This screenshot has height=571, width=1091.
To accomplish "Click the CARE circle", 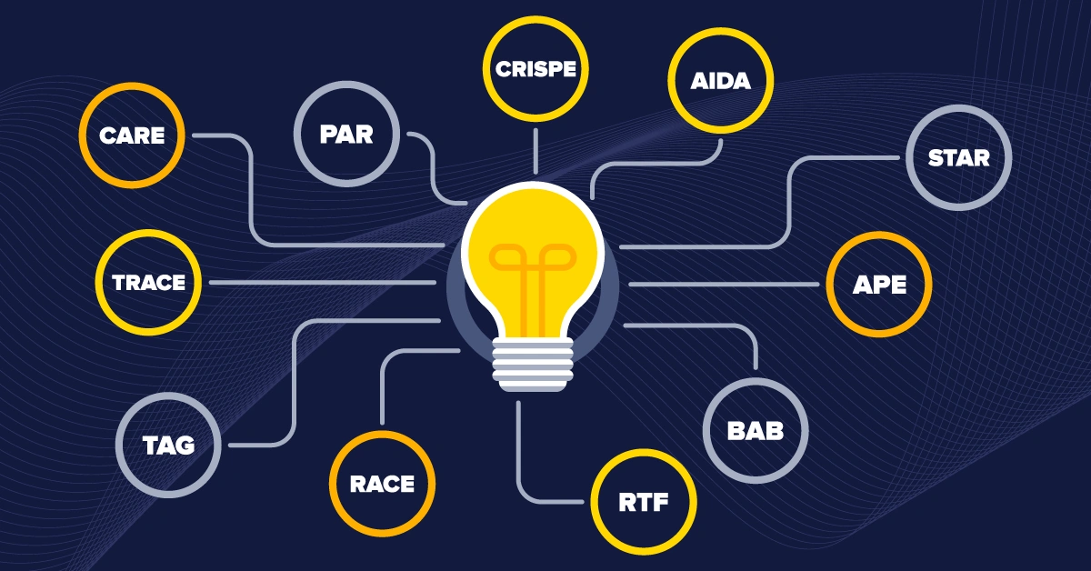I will [x=132, y=136].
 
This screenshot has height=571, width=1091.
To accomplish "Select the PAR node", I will [x=346, y=135].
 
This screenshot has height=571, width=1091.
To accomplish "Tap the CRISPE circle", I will [x=535, y=70].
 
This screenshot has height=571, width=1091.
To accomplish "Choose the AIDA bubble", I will [x=720, y=81].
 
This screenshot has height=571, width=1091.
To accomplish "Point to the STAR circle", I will [x=958, y=157].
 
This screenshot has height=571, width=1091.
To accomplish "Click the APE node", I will [x=879, y=285].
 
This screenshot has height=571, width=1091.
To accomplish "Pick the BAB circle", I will [x=756, y=430].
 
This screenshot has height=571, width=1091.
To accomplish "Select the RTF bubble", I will [x=644, y=501].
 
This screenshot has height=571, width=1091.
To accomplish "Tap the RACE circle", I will [x=382, y=484].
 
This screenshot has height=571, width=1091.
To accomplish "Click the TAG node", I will [x=168, y=446].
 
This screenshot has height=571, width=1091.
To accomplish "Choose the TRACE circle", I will [x=148, y=282].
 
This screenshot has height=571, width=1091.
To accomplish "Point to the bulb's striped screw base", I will [x=533, y=364].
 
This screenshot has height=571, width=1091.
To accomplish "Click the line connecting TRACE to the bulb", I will [x=323, y=282].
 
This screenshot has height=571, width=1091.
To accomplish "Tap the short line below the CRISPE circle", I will [x=535, y=151].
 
